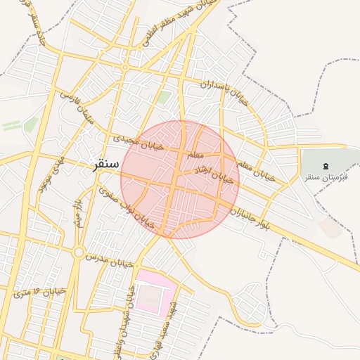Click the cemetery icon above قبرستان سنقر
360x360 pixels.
click(324, 165)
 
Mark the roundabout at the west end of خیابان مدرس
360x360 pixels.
click(79, 252)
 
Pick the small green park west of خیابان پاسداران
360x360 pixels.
click(164, 97)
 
